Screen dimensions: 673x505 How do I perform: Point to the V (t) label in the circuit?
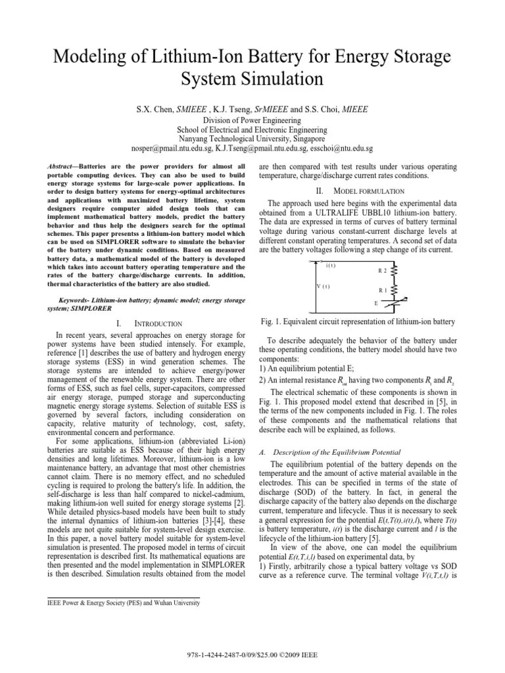(x=322, y=287)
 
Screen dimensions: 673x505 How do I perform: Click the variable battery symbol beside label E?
(x=396, y=304)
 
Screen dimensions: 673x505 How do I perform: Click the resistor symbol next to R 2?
(x=396, y=271)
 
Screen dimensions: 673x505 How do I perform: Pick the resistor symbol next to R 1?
(x=396, y=289)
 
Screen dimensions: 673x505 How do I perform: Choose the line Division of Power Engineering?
(x=252, y=121)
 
